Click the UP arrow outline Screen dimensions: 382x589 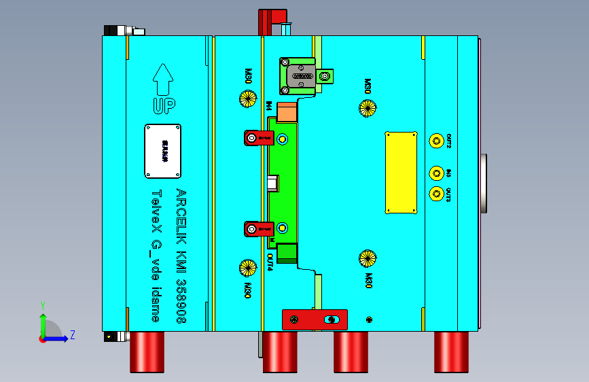163,79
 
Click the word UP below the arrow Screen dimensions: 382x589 163,106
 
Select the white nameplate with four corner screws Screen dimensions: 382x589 162,150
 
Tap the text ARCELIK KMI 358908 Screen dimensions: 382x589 181,256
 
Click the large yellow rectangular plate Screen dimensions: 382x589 401,173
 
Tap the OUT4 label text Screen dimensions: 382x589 270,261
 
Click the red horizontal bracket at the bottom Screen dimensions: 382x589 315,319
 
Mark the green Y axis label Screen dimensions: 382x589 42,305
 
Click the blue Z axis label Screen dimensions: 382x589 72,334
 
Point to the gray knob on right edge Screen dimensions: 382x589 483,183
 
